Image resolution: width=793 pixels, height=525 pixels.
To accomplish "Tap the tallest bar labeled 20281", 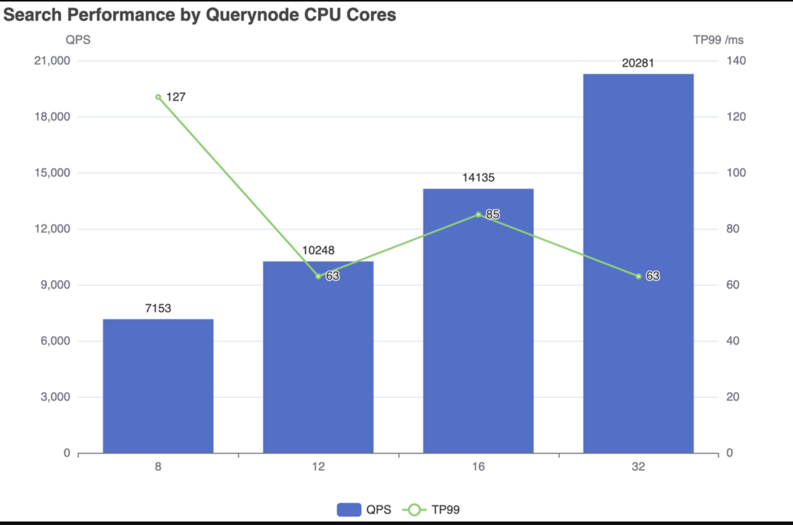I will coord(638,263).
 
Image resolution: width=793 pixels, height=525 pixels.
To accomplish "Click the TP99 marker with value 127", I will coord(158,97).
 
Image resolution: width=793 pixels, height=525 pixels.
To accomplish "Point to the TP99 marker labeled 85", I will coord(478,215).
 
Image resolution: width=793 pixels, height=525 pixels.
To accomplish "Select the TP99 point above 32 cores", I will coord(638,276).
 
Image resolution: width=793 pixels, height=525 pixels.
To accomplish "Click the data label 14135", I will coord(478,177).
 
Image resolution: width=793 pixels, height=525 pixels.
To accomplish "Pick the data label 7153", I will coord(158,308).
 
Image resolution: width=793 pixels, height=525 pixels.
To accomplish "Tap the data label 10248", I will coord(318,250).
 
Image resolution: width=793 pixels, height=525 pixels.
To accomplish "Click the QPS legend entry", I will coord(364,510).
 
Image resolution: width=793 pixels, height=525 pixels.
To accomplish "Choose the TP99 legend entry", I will coord(431,510).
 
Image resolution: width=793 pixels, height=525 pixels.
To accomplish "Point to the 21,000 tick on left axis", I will coord(52,61).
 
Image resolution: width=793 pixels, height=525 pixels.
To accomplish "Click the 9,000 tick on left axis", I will coord(55,285).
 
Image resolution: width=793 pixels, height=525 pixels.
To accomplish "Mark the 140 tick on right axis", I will coord(736,61).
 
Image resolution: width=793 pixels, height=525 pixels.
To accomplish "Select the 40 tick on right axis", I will coord(733,341).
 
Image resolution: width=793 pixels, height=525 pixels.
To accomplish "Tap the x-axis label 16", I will coord(478,467).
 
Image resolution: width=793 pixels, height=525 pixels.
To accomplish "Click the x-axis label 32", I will coord(638,467).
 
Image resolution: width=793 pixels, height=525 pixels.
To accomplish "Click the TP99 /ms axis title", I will coord(718,40).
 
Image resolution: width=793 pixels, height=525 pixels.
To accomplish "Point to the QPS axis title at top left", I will coord(78,40).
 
